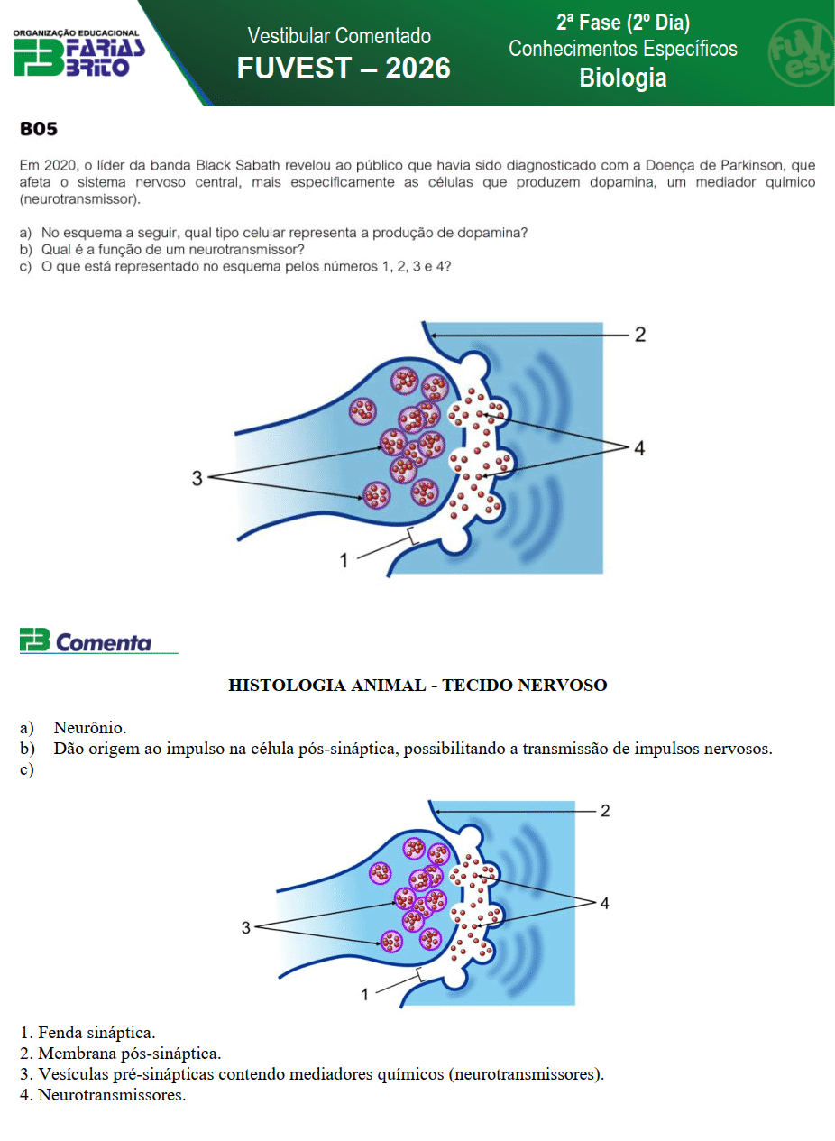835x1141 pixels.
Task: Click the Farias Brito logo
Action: (x=78, y=53)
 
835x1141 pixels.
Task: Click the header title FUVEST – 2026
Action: (x=344, y=69)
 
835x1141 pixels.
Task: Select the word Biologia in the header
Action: (x=623, y=78)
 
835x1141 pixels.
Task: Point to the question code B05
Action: (x=39, y=129)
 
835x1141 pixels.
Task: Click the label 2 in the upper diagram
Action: (x=639, y=335)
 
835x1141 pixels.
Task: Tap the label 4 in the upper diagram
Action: (x=638, y=447)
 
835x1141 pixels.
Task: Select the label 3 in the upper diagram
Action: (x=197, y=478)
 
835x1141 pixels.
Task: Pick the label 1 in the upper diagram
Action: (x=343, y=560)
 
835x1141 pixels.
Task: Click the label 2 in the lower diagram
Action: (x=605, y=811)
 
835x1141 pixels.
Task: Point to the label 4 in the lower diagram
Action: (x=604, y=903)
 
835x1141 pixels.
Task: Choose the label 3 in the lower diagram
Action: (x=245, y=927)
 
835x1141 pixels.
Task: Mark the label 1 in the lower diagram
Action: (x=364, y=994)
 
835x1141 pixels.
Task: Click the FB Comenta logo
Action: (x=87, y=641)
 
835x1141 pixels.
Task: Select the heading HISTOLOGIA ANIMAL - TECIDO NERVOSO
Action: (x=417, y=686)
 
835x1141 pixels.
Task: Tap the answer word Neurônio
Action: (x=90, y=727)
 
